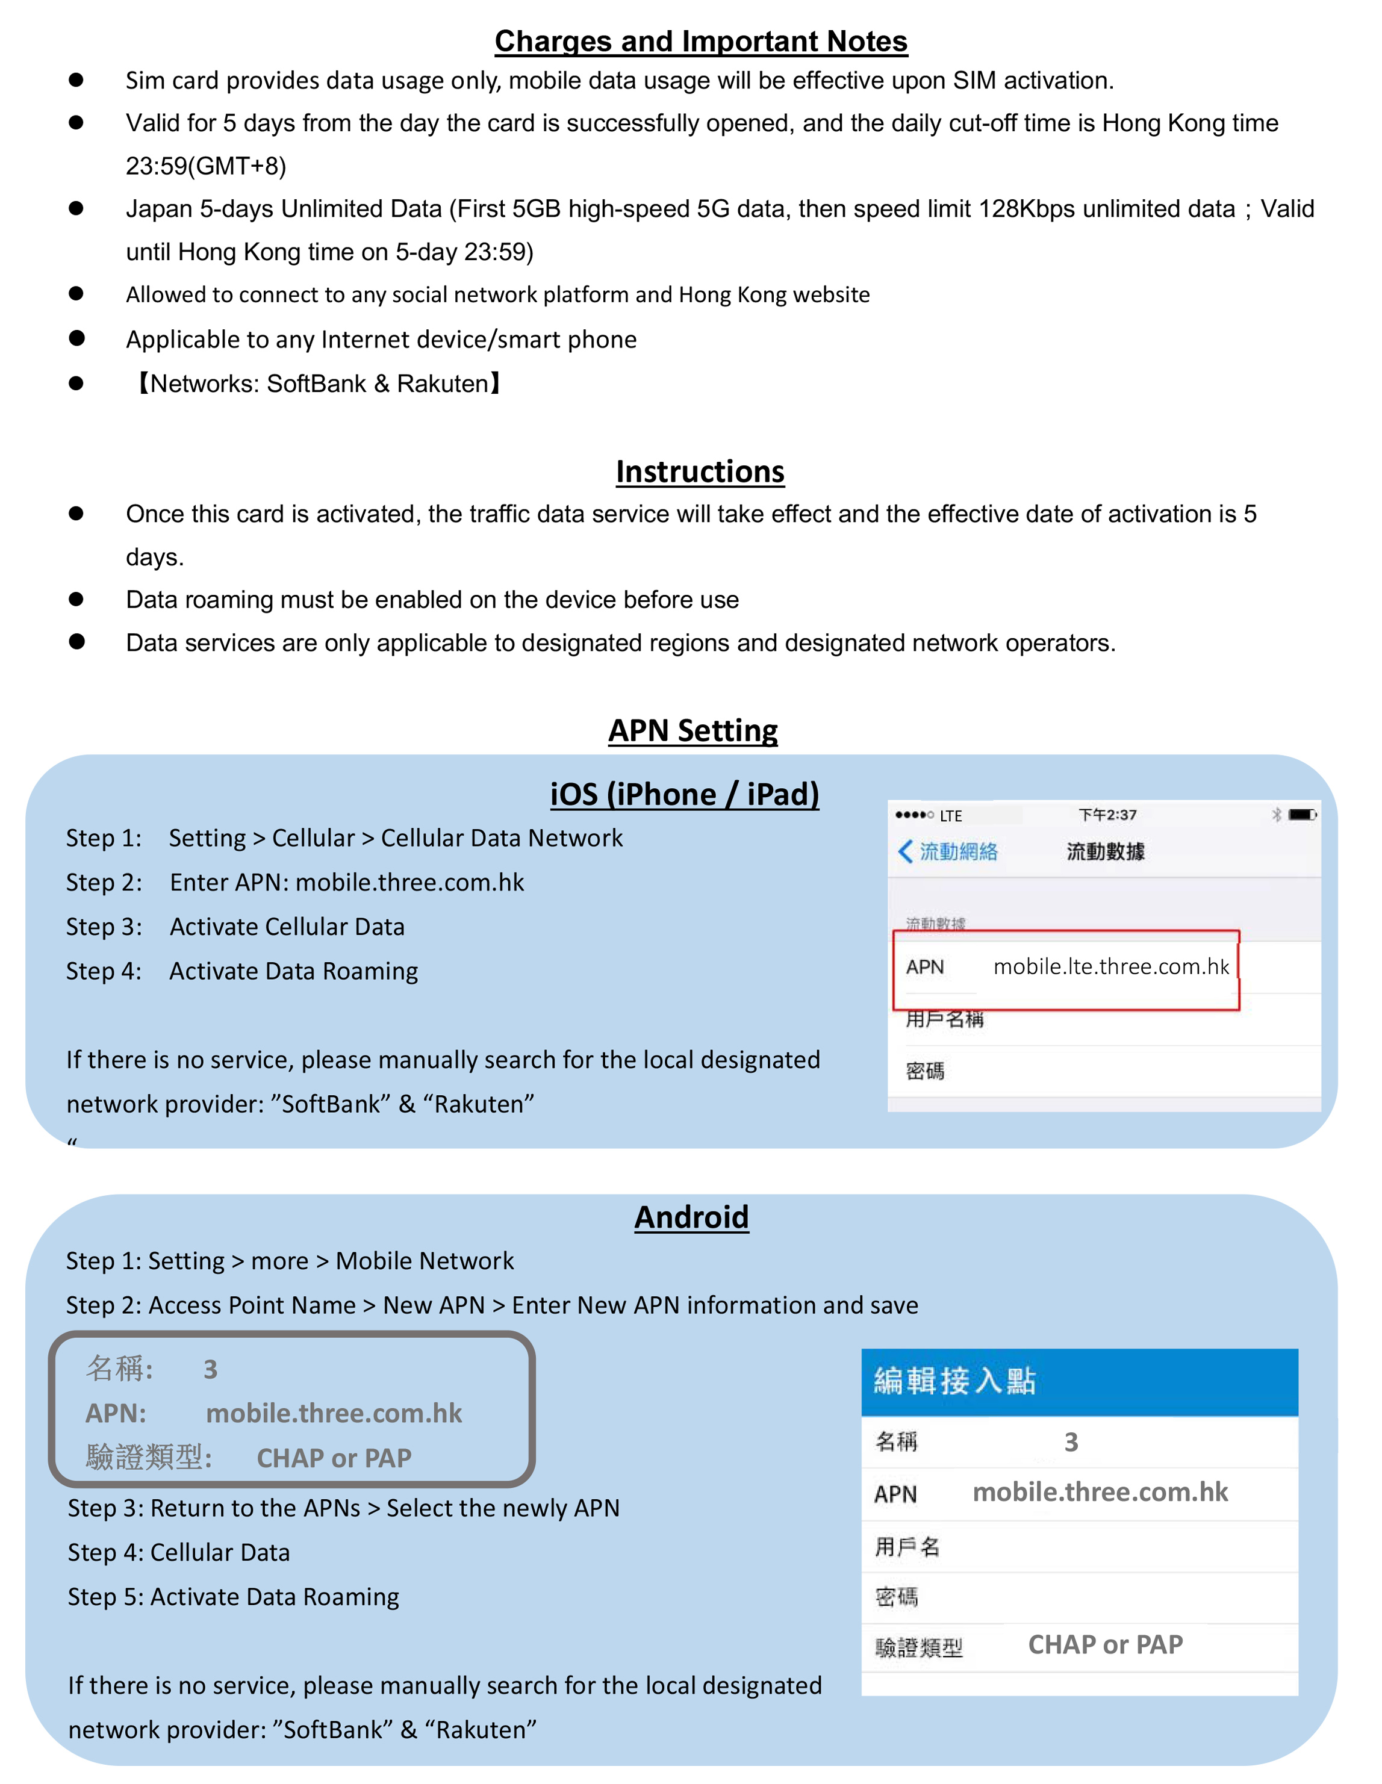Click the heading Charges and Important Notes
pyautogui.click(x=701, y=42)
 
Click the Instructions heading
pyautogui.click(x=700, y=471)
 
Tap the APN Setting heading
pyautogui.click(x=693, y=730)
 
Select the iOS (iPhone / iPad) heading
pyautogui.click(x=685, y=794)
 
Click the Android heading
pyautogui.click(x=691, y=1217)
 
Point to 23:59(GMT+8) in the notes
pyautogui.click(x=206, y=166)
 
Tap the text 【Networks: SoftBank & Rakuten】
pyautogui.click(x=318, y=383)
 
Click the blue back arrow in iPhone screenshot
pyautogui.click(x=905, y=851)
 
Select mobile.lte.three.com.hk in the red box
pyautogui.click(x=1111, y=967)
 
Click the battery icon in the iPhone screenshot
pyautogui.click(x=1302, y=815)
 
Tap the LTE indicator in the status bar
pyautogui.click(x=951, y=816)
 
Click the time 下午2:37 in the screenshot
pyautogui.click(x=1107, y=815)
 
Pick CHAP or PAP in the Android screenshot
pyautogui.click(x=1105, y=1645)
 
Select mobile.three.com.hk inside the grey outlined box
pyautogui.click(x=333, y=1414)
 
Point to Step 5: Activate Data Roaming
pyautogui.click(x=233, y=1597)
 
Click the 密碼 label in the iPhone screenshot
pyautogui.click(x=924, y=1071)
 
